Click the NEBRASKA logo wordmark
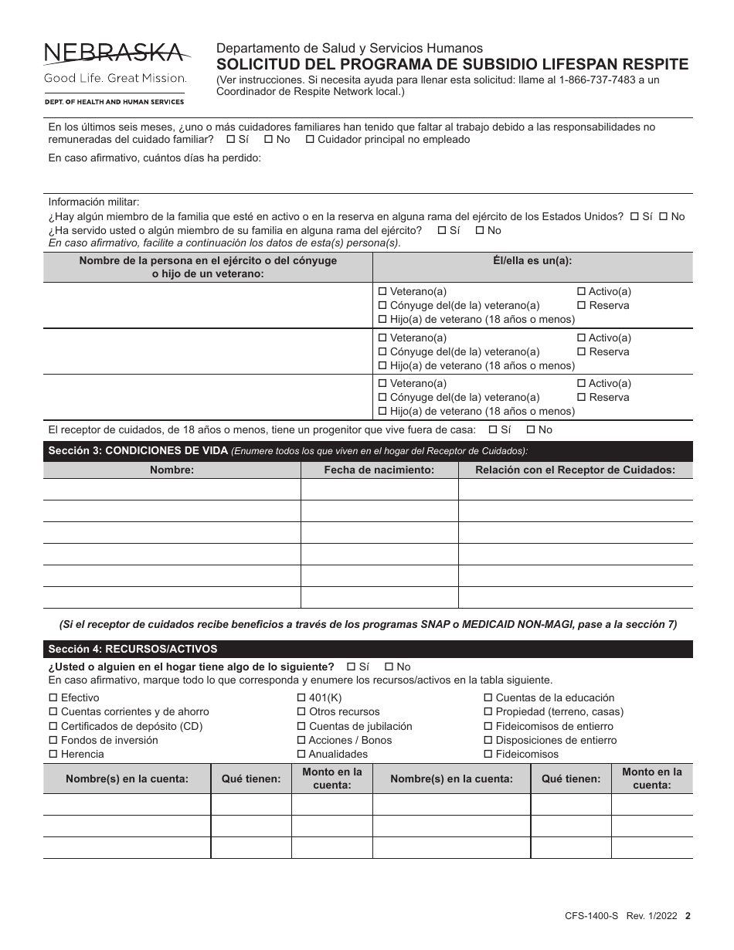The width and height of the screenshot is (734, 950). [115, 53]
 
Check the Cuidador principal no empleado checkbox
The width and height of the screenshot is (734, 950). [310, 140]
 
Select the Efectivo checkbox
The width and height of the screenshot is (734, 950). [53, 698]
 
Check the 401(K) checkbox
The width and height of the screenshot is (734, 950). [301, 698]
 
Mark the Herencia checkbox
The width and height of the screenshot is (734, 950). [53, 755]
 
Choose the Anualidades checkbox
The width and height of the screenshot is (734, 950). [301, 755]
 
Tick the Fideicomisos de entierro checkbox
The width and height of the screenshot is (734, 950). [488, 726]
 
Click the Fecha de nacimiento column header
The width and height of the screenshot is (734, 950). [379, 470]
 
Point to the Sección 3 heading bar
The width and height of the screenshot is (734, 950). [367, 451]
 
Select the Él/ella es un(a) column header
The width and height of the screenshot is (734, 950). [532, 261]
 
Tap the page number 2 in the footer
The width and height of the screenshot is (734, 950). [688, 916]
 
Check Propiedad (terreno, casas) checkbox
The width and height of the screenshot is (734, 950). [488, 712]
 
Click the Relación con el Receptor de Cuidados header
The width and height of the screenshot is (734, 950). [575, 470]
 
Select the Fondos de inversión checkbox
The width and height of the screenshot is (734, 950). [53, 741]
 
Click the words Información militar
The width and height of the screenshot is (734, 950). [94, 202]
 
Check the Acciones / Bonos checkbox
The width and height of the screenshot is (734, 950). [301, 741]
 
